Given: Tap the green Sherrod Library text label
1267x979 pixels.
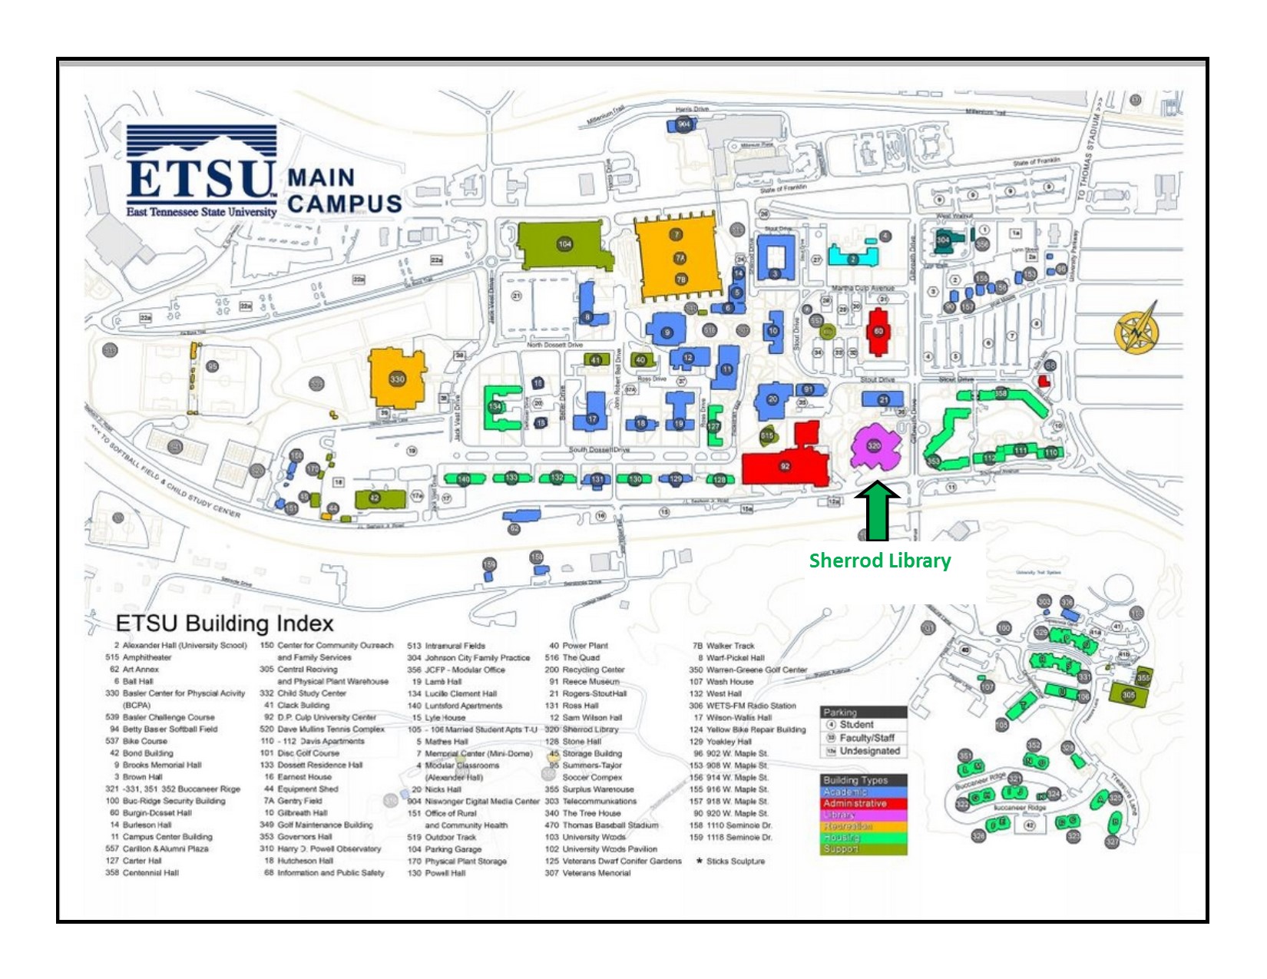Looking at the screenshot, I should coord(879,561).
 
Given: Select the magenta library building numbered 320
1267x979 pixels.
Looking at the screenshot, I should coord(875,448).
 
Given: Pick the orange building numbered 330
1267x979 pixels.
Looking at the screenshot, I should coord(397,379).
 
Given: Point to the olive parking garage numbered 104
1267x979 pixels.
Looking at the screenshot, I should coord(564,244).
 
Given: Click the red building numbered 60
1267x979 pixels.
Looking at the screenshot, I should coord(878,332).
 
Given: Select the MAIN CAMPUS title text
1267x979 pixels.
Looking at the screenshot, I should coord(344,191).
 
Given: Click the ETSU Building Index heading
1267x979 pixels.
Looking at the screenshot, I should coord(224,623).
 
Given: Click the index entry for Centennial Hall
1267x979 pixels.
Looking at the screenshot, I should coord(151,873).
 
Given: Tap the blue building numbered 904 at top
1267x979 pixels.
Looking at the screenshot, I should coord(684,124).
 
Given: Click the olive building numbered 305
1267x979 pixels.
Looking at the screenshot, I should coord(1128,695).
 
